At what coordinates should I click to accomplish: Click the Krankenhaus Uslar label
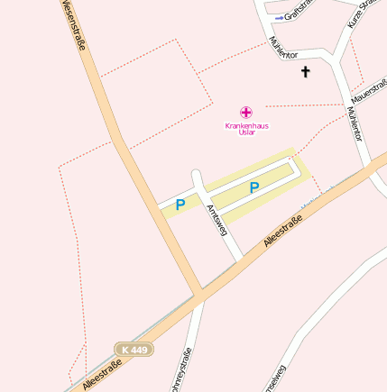(x=246, y=129)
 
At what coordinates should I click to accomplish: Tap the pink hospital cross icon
(x=246, y=113)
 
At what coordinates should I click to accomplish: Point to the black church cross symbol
(x=305, y=71)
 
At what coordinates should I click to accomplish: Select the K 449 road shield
(x=134, y=349)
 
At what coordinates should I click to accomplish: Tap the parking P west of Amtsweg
(x=180, y=205)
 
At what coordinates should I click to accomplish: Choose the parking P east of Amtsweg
(x=254, y=187)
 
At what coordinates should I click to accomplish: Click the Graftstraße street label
(x=298, y=14)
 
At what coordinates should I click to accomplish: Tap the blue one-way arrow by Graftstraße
(x=279, y=16)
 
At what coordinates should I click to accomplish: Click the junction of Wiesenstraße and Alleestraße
(x=198, y=295)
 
